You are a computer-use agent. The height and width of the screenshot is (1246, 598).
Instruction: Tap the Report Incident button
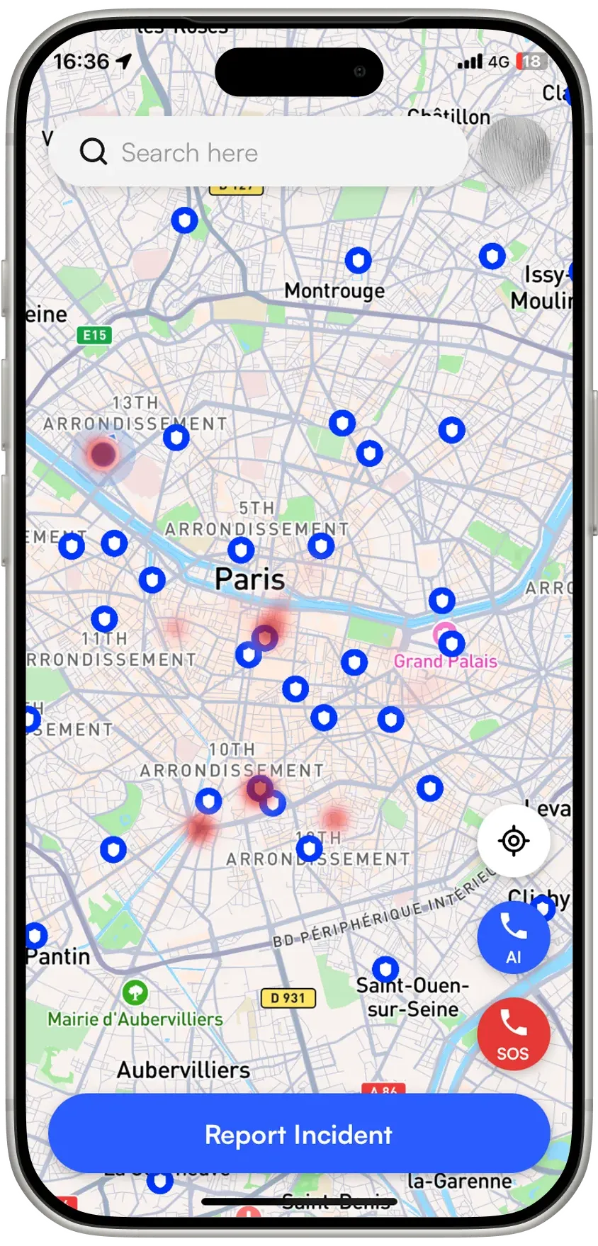point(298,1135)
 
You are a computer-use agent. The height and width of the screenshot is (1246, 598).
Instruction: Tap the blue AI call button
point(513,937)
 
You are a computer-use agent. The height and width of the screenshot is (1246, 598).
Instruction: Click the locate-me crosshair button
point(514,841)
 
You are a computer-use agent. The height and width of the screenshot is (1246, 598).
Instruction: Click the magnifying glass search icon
point(93,152)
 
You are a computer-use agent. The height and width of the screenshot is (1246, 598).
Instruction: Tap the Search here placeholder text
point(189,153)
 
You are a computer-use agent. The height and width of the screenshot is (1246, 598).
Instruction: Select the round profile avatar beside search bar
point(514,152)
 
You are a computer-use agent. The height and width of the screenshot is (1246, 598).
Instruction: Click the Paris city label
point(249,579)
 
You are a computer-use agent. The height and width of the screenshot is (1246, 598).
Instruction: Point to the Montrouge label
point(334,290)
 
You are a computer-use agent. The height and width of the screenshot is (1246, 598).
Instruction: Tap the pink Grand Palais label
point(445,662)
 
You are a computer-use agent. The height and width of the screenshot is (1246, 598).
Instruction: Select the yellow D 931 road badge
point(288,998)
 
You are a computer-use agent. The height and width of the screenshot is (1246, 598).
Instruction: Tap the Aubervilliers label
point(184,1070)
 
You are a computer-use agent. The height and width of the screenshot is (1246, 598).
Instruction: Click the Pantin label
point(59,957)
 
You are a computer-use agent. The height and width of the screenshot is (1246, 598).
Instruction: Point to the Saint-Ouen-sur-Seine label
point(412,997)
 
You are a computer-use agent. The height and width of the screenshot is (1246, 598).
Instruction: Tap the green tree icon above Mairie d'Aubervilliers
point(135,992)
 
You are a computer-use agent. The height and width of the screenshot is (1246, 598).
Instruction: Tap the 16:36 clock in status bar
point(81,62)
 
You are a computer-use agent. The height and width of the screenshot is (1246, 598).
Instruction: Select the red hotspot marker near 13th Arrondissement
point(103,454)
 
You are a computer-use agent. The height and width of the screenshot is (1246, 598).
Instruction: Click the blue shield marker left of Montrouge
point(184,221)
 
